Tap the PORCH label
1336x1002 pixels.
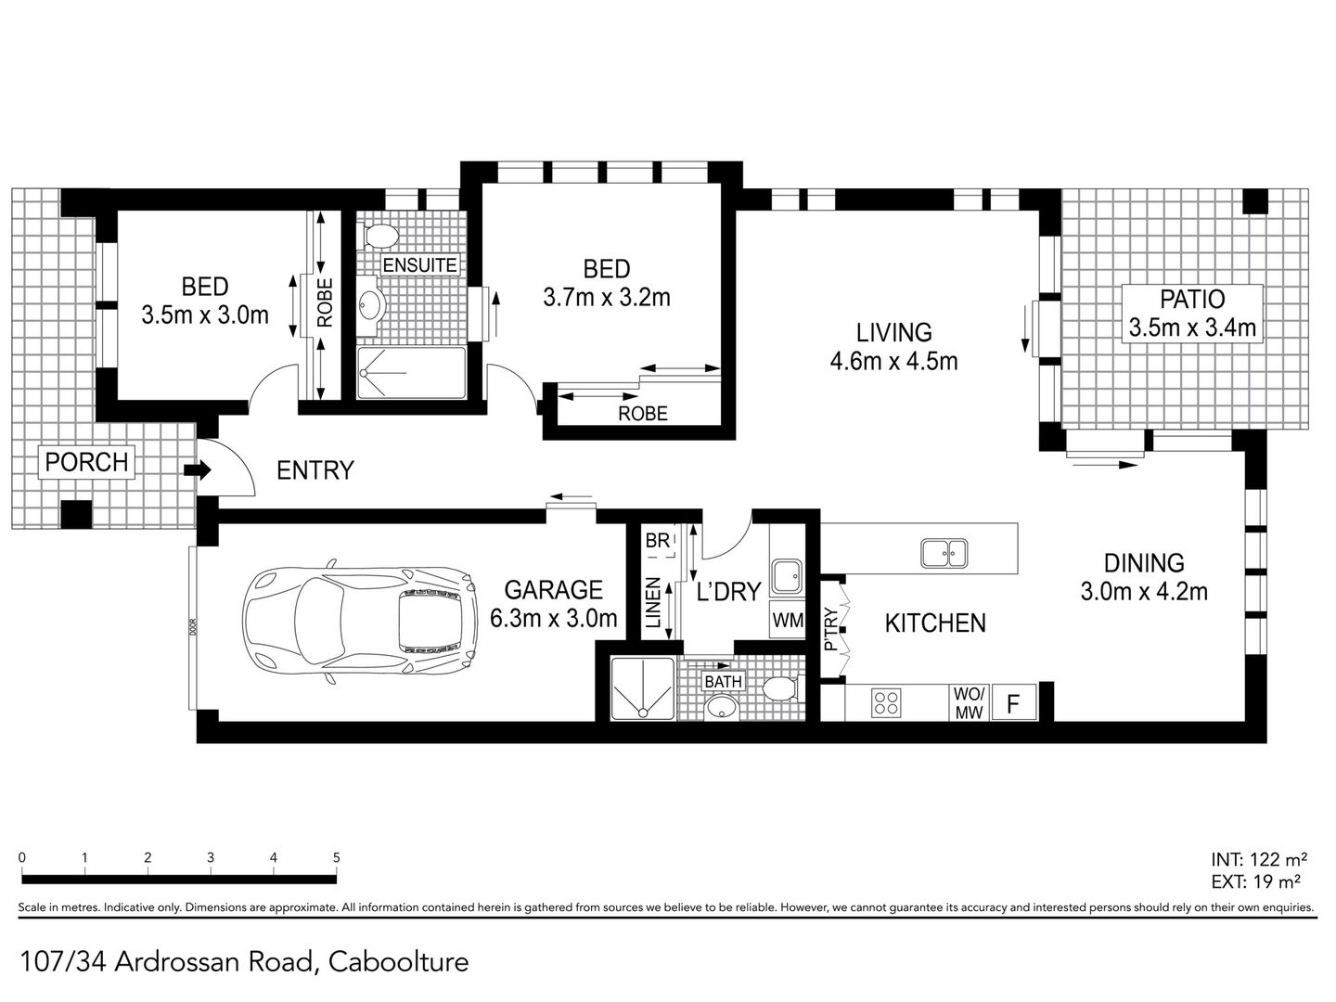point(86,462)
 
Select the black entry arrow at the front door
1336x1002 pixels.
point(198,469)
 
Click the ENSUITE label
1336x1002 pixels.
point(419,265)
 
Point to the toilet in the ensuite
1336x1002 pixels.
point(379,236)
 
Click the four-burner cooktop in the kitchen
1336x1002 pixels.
point(886,703)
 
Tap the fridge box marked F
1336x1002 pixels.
point(1013,703)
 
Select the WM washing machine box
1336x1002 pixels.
point(788,620)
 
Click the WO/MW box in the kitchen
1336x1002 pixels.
point(969,703)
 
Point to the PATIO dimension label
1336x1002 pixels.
point(1192,314)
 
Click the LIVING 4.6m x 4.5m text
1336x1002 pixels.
point(893,347)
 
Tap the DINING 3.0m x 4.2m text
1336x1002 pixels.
point(1144,577)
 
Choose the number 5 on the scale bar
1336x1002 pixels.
point(336,858)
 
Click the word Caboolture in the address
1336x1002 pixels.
point(399,962)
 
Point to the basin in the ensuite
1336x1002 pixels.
point(371,302)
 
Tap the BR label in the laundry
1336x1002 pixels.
point(658,540)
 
